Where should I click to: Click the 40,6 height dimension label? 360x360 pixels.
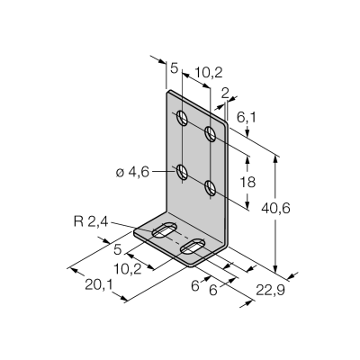pyautogui.click(x=275, y=208)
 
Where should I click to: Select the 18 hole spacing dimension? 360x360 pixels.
pyautogui.click(x=247, y=182)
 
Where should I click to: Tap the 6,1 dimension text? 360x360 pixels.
pyautogui.click(x=247, y=118)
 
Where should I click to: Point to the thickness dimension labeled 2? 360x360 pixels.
pyautogui.click(x=225, y=94)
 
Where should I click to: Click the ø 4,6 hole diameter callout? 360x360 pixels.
pyautogui.click(x=132, y=172)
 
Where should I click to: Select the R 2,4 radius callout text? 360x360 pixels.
pyautogui.click(x=90, y=222)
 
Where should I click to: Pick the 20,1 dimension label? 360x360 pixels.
pyautogui.click(x=98, y=285)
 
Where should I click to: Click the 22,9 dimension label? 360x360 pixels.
pyautogui.click(x=270, y=290)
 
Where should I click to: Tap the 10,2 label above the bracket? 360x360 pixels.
pyautogui.click(x=209, y=73)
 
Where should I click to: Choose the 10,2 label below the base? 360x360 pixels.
pyautogui.click(x=128, y=269)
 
